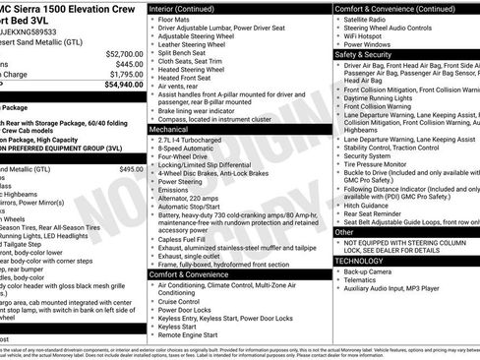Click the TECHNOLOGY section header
(x=358, y=261)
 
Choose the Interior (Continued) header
(x=190, y=8)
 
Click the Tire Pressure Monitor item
(x=379, y=164)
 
